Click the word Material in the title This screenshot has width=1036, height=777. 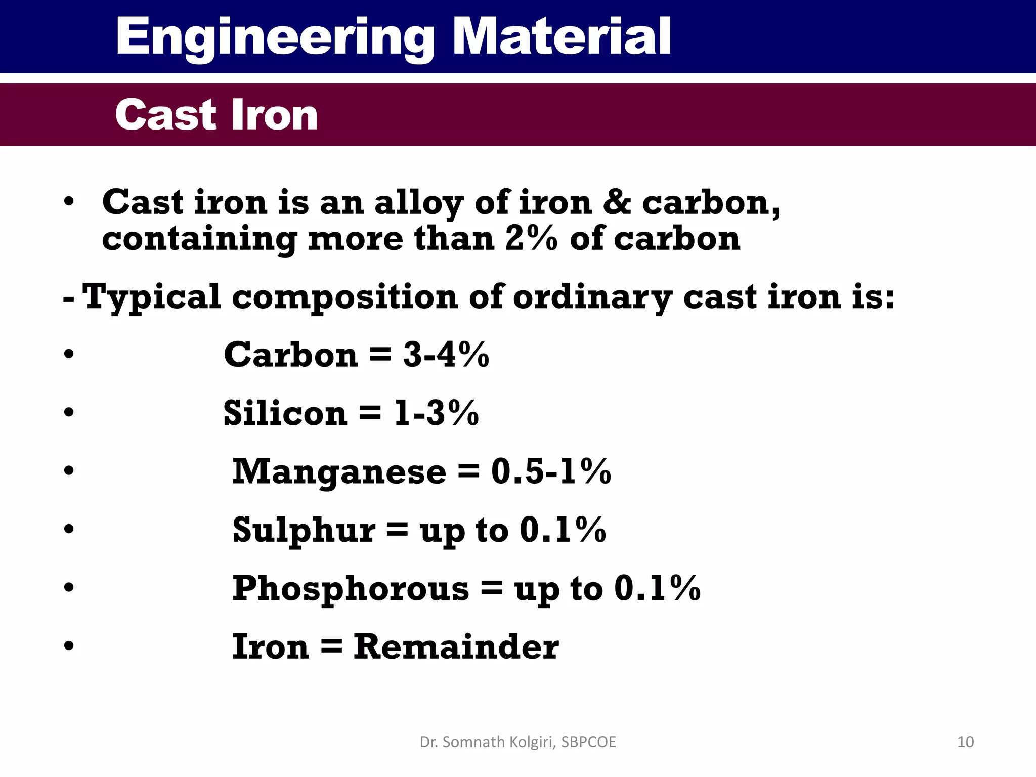point(562,36)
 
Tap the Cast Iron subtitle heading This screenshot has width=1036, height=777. point(217,115)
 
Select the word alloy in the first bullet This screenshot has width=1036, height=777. point(418,203)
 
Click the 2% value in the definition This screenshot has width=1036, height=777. point(531,239)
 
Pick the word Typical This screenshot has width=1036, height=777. point(151,297)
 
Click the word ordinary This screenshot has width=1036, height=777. point(592,297)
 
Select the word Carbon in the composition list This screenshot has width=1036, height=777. point(291,355)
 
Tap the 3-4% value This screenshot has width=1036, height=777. point(446,355)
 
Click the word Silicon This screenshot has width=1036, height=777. point(285,413)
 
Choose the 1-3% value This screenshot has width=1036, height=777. point(436,413)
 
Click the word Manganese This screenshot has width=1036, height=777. point(339,472)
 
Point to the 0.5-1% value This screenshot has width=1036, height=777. point(551,472)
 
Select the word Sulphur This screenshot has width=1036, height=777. point(304,530)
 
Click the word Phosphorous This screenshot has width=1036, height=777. point(351,589)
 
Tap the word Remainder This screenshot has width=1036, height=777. point(456,647)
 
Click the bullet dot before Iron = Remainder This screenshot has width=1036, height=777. point(69,646)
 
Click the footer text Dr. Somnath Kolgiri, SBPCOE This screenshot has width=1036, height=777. point(518,742)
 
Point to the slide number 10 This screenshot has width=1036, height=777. point(965,742)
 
